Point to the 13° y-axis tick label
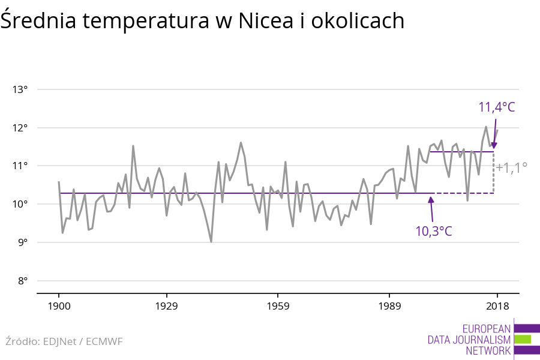(20, 89)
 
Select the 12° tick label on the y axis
(20, 128)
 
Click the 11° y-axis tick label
(20, 166)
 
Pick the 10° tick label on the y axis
(20, 204)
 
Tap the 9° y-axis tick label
(22, 242)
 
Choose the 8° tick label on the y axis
(22, 280)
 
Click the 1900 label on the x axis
(59, 307)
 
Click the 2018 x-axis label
(496, 307)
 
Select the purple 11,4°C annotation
(497, 107)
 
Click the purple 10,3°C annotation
(434, 230)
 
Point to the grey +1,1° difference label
(511, 168)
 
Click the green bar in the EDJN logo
(523, 339)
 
